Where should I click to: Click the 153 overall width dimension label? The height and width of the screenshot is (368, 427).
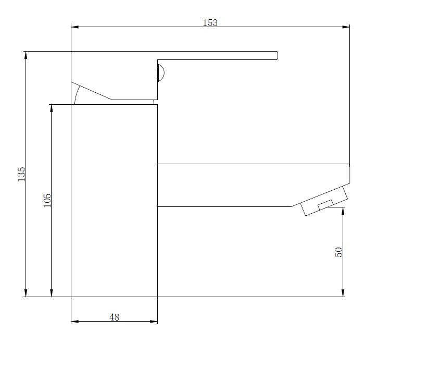point(210,22)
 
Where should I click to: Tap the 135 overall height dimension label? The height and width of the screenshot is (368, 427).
point(21,175)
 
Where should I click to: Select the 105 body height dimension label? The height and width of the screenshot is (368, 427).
point(47,200)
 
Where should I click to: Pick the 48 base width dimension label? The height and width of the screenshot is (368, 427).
point(115,317)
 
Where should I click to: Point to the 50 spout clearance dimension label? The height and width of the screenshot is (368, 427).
point(338,252)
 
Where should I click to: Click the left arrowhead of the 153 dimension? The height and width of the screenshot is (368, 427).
point(75,27)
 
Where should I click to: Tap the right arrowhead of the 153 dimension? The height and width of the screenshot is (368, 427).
point(346,27)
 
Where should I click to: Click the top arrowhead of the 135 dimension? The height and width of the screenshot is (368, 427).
point(26,55)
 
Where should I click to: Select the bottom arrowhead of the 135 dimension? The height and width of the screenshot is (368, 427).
point(26,293)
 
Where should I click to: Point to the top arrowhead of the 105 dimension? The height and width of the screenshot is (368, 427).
point(52,108)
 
